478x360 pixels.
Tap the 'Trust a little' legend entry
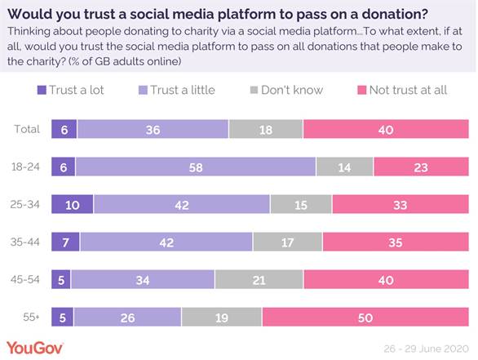178,90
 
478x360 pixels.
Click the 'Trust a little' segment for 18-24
196,167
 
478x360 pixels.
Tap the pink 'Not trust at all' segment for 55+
365,317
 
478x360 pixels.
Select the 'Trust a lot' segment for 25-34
72,204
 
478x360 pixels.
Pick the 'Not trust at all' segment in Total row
386,129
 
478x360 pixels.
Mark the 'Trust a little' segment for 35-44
166,242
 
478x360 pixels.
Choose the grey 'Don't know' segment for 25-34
301,204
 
